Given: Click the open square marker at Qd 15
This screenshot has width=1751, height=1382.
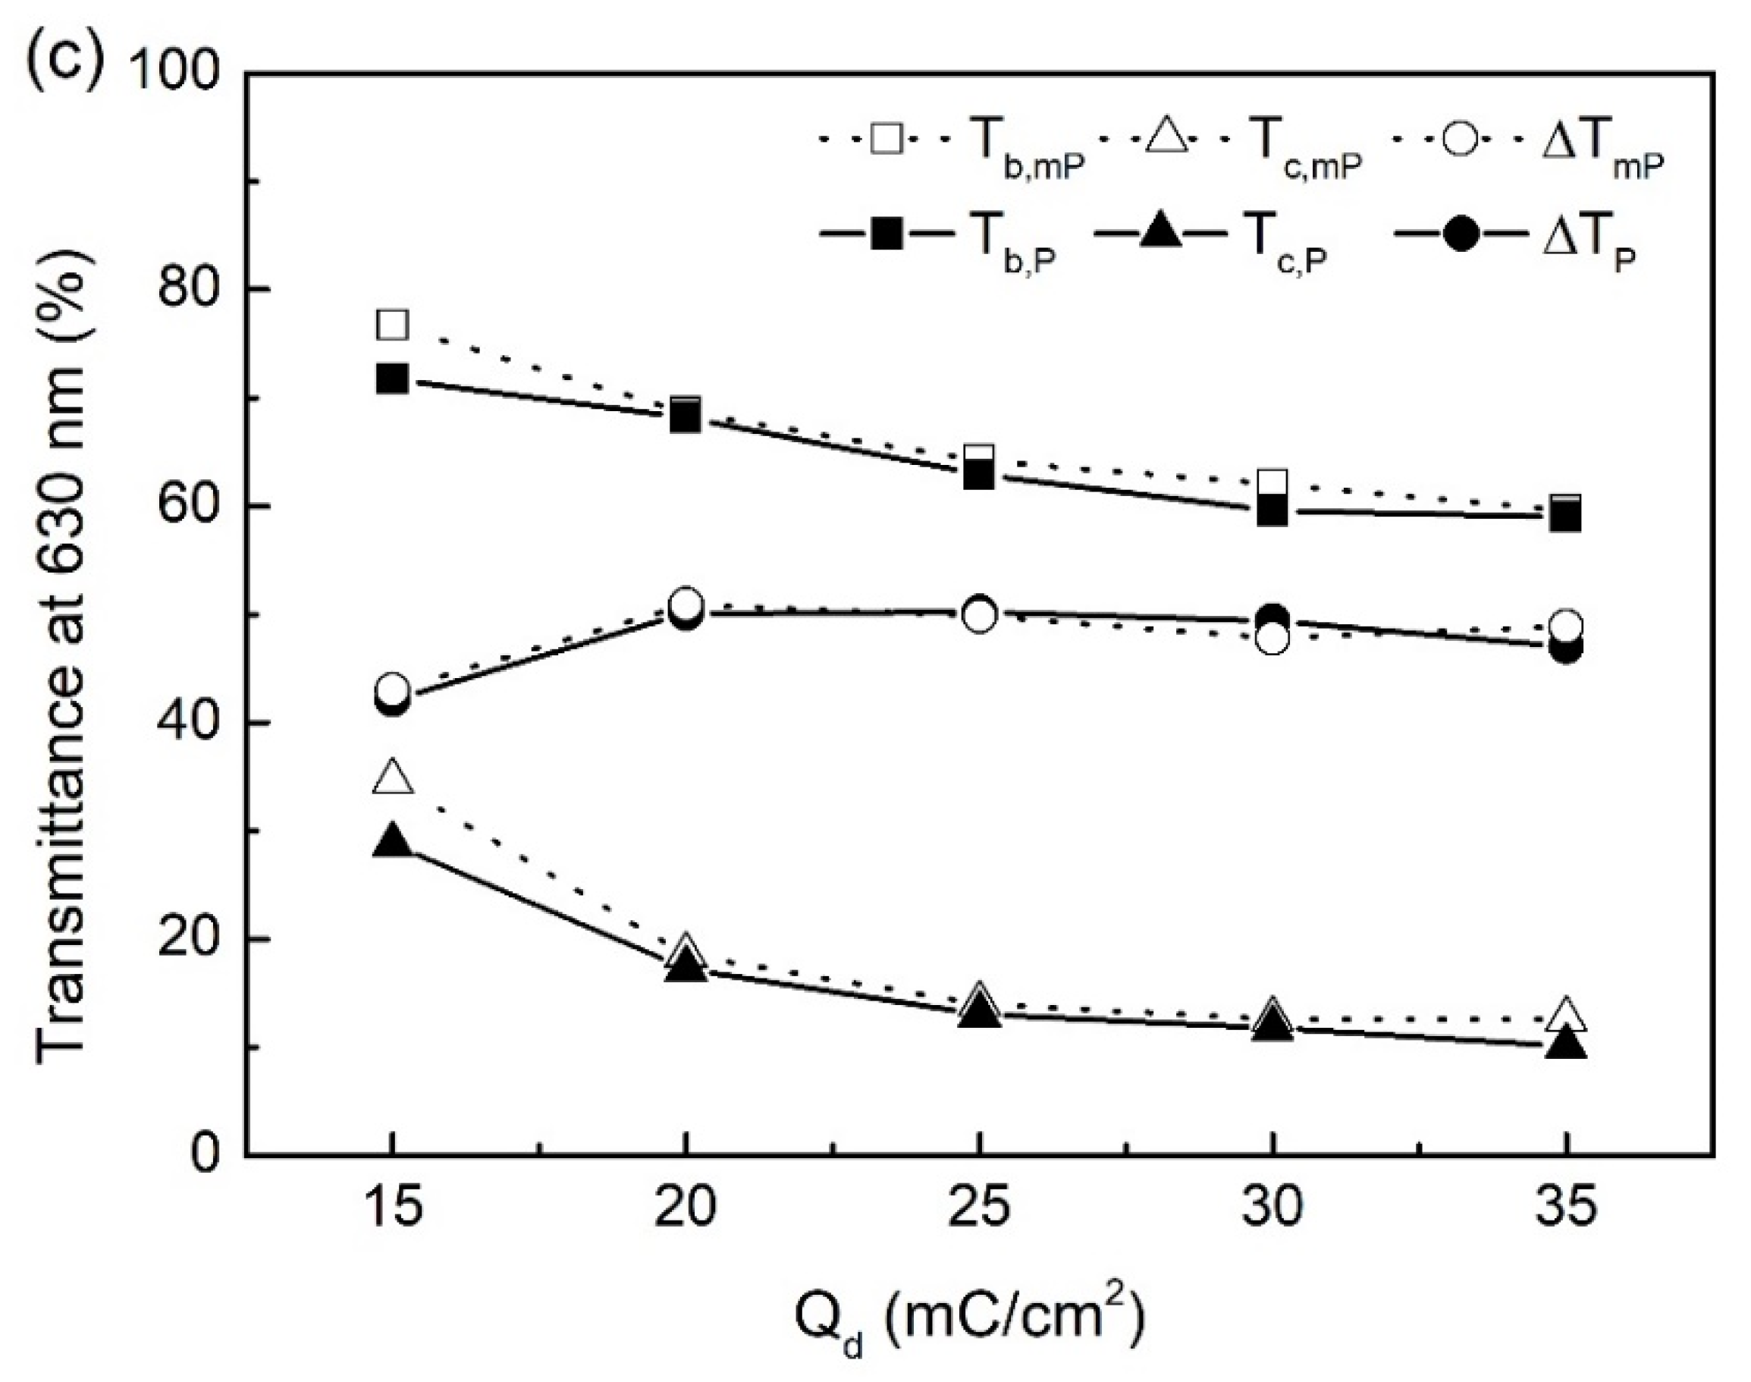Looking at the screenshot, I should [x=393, y=325].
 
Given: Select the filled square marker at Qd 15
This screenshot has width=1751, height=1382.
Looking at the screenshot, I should [x=393, y=378].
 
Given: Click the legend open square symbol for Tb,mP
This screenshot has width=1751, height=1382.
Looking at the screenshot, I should [x=887, y=139].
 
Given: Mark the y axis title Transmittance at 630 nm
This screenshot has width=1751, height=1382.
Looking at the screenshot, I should [x=61, y=615].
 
